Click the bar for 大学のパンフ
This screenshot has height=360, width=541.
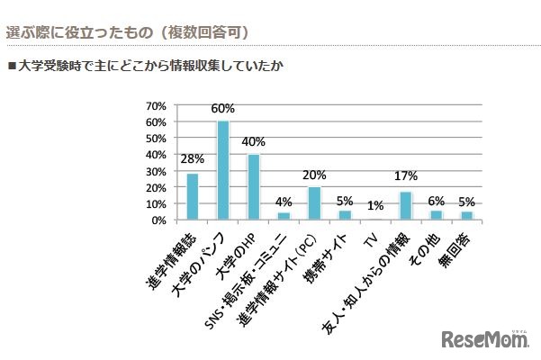pos(222,170)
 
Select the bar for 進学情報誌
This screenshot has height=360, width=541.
pos(192,196)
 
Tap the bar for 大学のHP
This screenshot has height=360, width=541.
pos(254,187)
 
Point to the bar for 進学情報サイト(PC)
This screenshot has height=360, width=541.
pos(314,203)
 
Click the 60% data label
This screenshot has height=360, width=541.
pos(222,109)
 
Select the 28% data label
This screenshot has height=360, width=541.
pos(192,160)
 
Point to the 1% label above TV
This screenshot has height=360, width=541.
pos(375,206)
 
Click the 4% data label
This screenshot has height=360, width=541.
pos(284,201)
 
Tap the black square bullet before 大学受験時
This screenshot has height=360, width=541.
pos(12,66)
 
